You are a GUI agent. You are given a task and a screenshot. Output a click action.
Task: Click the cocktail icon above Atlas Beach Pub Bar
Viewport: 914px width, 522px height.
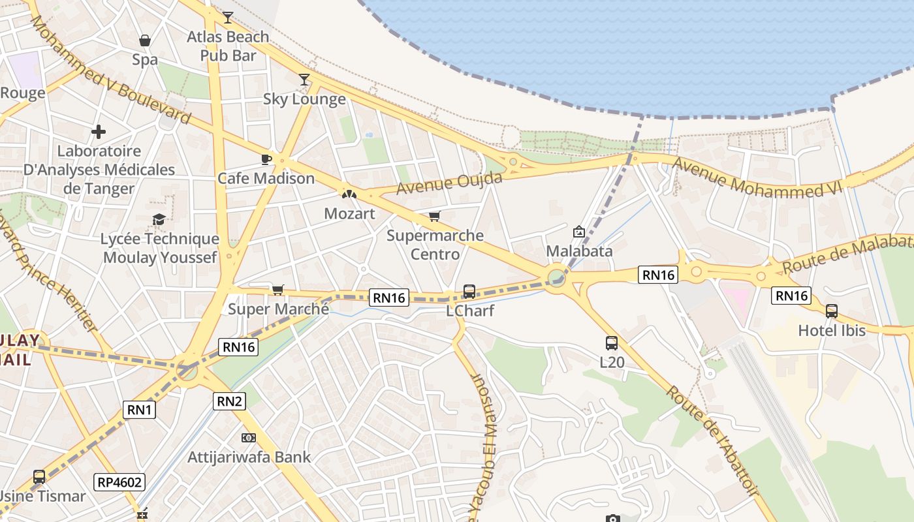click(227, 17)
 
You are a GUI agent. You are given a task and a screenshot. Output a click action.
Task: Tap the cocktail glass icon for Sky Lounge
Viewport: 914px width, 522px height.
click(304, 80)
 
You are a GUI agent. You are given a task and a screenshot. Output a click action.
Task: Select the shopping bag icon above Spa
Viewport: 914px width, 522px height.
click(145, 40)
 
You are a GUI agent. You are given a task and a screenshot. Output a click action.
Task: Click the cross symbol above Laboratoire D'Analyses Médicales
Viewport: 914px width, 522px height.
click(99, 132)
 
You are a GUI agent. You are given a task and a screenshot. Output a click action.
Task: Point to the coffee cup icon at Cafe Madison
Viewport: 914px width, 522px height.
click(266, 159)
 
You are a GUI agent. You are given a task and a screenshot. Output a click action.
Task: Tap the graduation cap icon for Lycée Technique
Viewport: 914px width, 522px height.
click(159, 219)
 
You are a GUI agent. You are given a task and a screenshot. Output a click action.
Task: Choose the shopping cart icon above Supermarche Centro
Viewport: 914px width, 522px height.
click(435, 216)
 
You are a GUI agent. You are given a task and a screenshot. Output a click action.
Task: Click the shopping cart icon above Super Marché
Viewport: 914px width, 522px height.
click(278, 290)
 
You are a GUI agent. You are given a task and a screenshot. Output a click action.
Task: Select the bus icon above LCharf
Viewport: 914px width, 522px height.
click(469, 292)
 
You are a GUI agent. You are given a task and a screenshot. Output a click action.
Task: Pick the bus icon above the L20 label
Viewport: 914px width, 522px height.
click(612, 343)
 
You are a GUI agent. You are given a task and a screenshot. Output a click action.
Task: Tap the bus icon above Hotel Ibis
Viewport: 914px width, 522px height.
click(832, 311)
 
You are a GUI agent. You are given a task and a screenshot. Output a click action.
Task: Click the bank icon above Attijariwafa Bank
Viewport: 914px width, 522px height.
click(249, 437)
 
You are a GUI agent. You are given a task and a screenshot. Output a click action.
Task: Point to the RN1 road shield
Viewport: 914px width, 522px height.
click(139, 410)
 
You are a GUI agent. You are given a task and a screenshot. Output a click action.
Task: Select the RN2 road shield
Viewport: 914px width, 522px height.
click(229, 401)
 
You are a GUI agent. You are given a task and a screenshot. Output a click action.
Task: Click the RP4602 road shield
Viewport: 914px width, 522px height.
click(119, 482)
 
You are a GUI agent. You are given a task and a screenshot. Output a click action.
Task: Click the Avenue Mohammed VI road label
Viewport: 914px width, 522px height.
click(757, 178)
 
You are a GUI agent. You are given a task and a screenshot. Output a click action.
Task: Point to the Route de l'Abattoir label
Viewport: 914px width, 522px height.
click(711, 440)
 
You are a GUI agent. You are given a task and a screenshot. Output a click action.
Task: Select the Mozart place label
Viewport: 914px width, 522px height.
click(350, 213)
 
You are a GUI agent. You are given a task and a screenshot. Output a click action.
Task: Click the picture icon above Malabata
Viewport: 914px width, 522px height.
click(579, 232)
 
